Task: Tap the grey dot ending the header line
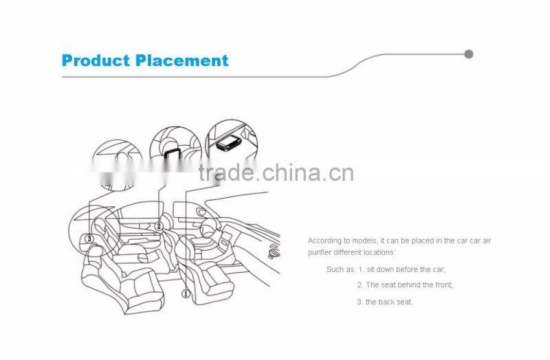pyautogui.click(x=469, y=54)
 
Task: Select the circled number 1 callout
pyautogui.click(x=185, y=294)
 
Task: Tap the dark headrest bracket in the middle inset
pyautogui.click(x=171, y=153)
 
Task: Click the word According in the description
pyautogui.click(x=324, y=240)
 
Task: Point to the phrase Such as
pyautogui.click(x=340, y=269)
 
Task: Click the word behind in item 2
pyautogui.click(x=412, y=284)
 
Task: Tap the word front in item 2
pyautogui.click(x=442, y=284)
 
